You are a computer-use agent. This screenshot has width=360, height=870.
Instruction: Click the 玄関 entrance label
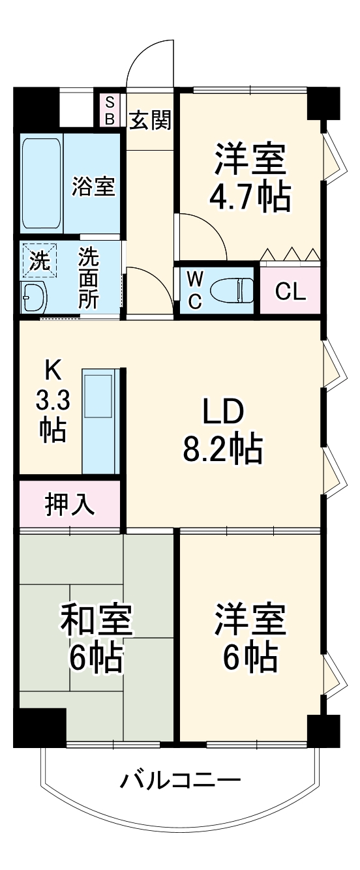(x=151, y=120)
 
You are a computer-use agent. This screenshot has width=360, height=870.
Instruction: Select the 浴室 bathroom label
(x=93, y=187)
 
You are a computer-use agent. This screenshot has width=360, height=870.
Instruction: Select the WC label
(x=194, y=290)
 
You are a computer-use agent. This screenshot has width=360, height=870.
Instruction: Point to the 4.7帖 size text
(x=248, y=195)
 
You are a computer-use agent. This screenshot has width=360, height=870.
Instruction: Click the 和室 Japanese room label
(x=97, y=620)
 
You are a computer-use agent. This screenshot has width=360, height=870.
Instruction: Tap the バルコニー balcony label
(x=180, y=779)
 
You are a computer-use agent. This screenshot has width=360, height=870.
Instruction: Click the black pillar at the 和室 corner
(x=40, y=725)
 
